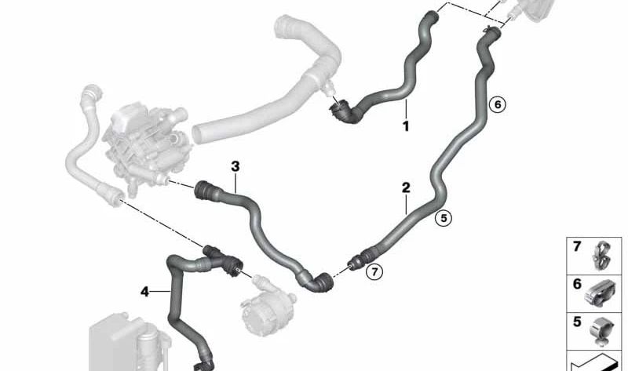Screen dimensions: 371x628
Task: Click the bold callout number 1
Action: pyautogui.click(x=406, y=125)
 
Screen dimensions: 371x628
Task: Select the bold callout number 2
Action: pyautogui.click(x=406, y=187)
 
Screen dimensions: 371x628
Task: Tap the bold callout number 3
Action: pyautogui.click(x=235, y=166)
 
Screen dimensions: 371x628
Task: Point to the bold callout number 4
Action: pyautogui.click(x=144, y=292)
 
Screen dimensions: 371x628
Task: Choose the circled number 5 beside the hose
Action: pyautogui.click(x=444, y=219)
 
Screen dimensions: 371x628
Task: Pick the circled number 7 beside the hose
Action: pyautogui.click(x=374, y=272)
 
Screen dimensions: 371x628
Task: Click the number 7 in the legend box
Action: pyautogui.click(x=577, y=247)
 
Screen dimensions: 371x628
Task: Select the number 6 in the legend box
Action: pyautogui.click(x=577, y=285)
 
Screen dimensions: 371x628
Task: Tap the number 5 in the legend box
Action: pyautogui.click(x=577, y=322)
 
